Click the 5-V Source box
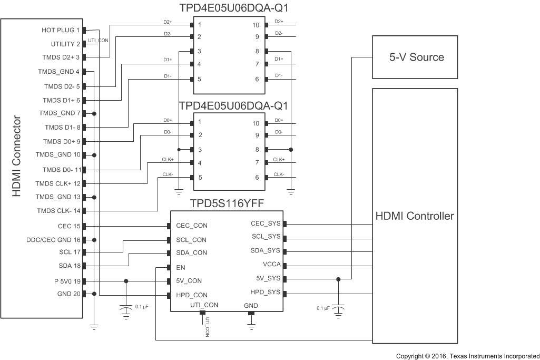pyautogui.click(x=416, y=57)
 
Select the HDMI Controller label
pyautogui.click(x=415, y=216)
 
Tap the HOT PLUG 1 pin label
pyautogui.click(x=61, y=31)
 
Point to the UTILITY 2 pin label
pyautogui.click(x=66, y=44)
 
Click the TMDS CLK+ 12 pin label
pyautogui.click(x=58, y=183)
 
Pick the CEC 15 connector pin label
pyautogui.click(x=69, y=226)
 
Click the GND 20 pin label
pyautogui.click(x=68, y=294)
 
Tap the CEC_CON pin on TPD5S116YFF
pyautogui.click(x=192, y=226)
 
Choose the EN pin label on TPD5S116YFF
pyautogui.click(x=181, y=267)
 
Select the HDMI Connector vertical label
pyautogui.click(x=17, y=157)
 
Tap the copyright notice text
pyautogui.click(x=467, y=356)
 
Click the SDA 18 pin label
pyautogui.click(x=70, y=266)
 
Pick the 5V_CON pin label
pyautogui.click(x=189, y=281)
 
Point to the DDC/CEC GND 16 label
pyautogui.click(x=53, y=240)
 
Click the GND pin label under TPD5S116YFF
pyautogui.click(x=251, y=305)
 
